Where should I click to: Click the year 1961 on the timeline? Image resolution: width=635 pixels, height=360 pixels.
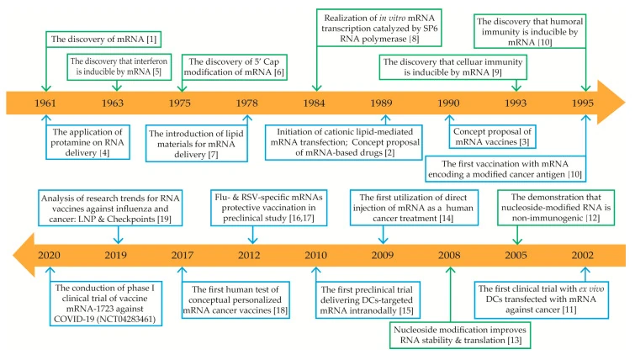[x=45, y=103]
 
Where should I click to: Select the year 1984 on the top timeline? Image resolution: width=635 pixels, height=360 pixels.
[x=314, y=103]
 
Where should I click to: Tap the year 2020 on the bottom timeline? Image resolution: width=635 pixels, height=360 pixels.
[x=49, y=255]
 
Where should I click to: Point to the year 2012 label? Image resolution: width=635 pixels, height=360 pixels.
[x=249, y=255]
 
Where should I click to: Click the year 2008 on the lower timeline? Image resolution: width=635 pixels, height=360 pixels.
[x=449, y=255]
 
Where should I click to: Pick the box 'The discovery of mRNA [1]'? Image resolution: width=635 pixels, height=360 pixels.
[x=103, y=40]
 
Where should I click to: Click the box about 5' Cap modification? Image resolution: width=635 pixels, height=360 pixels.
[x=234, y=66]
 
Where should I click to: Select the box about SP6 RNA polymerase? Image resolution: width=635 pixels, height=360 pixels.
[x=379, y=29]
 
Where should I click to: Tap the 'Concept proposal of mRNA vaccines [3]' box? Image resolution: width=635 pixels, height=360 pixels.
[x=492, y=136]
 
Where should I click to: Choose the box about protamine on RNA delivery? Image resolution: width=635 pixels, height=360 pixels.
[x=87, y=142]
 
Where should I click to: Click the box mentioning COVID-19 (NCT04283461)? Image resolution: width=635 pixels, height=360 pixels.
[x=105, y=304]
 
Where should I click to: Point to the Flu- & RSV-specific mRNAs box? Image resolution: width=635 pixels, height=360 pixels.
[x=269, y=208]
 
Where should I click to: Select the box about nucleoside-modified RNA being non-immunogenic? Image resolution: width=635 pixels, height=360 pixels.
[x=556, y=208]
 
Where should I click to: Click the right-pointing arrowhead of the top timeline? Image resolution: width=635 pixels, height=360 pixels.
[x=611, y=103]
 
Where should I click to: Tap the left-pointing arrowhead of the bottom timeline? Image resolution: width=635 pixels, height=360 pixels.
[x=24, y=255]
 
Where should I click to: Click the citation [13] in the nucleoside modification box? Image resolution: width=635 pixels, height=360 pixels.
[x=515, y=340]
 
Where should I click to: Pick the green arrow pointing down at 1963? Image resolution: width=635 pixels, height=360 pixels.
[x=117, y=86]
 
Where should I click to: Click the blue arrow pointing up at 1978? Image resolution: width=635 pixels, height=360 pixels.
[x=247, y=120]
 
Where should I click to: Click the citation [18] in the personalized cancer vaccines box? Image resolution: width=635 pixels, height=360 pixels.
[x=280, y=310]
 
